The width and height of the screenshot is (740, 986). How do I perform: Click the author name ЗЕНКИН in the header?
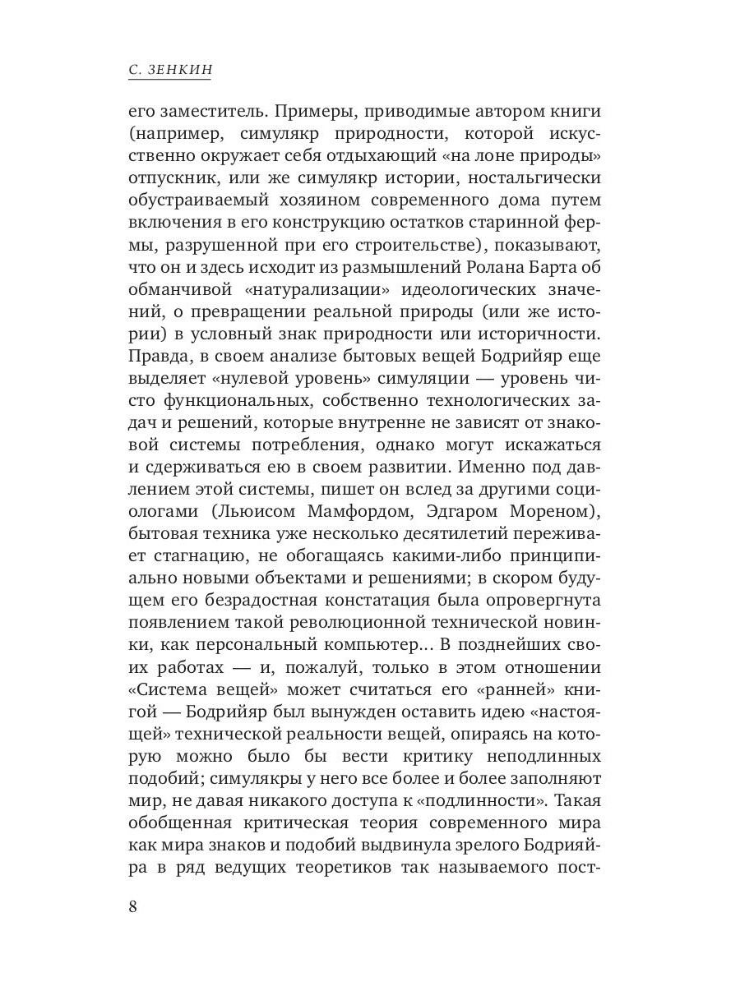tap(180, 71)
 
